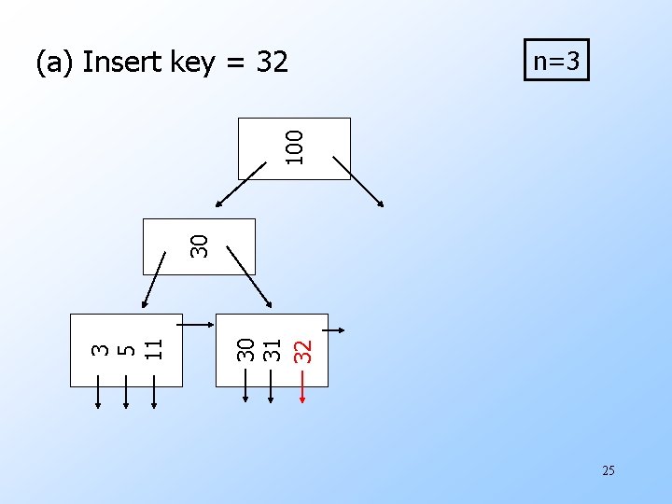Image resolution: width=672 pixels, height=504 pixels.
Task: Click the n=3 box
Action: point(556,62)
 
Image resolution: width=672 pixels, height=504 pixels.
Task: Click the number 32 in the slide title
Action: point(272,63)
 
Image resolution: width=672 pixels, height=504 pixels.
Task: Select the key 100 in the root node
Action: point(295,147)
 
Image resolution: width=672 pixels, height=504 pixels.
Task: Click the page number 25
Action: point(608,470)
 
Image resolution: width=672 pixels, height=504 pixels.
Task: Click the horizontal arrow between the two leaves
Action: point(197,325)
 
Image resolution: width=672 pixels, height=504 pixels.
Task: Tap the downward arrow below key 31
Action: point(271,386)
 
